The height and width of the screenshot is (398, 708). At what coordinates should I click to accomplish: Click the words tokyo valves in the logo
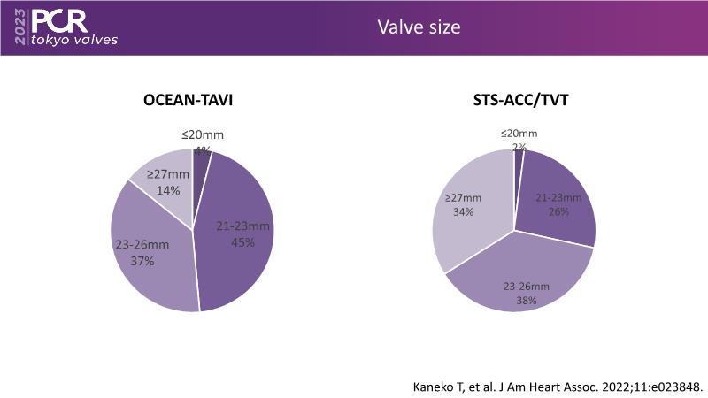point(73,41)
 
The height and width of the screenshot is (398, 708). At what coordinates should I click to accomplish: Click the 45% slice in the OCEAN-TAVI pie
point(239,239)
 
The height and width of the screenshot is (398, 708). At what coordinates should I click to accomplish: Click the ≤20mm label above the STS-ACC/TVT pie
point(519,133)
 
